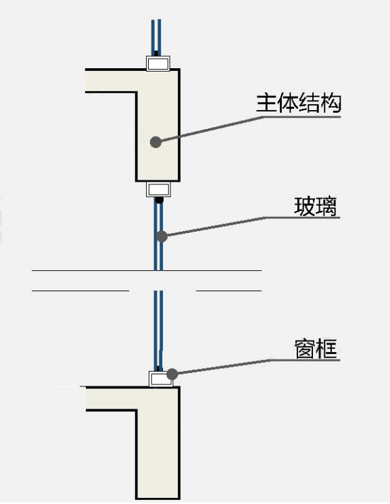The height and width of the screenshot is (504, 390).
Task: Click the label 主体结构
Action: tap(298, 103)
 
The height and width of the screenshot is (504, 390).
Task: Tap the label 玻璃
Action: tap(316, 205)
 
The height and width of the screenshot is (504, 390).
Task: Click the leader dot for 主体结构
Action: tap(155, 142)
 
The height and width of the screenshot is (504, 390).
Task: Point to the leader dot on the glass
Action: tap(162, 236)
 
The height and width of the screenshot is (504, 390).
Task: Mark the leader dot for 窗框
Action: tap(172, 373)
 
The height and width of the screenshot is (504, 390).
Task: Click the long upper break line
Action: tap(147, 270)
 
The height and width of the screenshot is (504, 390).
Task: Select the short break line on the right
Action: tap(228, 291)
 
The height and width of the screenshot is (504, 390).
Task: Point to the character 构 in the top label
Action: tap(331, 103)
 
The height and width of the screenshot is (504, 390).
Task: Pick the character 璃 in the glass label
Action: tap(326, 205)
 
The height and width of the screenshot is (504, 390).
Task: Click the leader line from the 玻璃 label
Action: tap(216, 226)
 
